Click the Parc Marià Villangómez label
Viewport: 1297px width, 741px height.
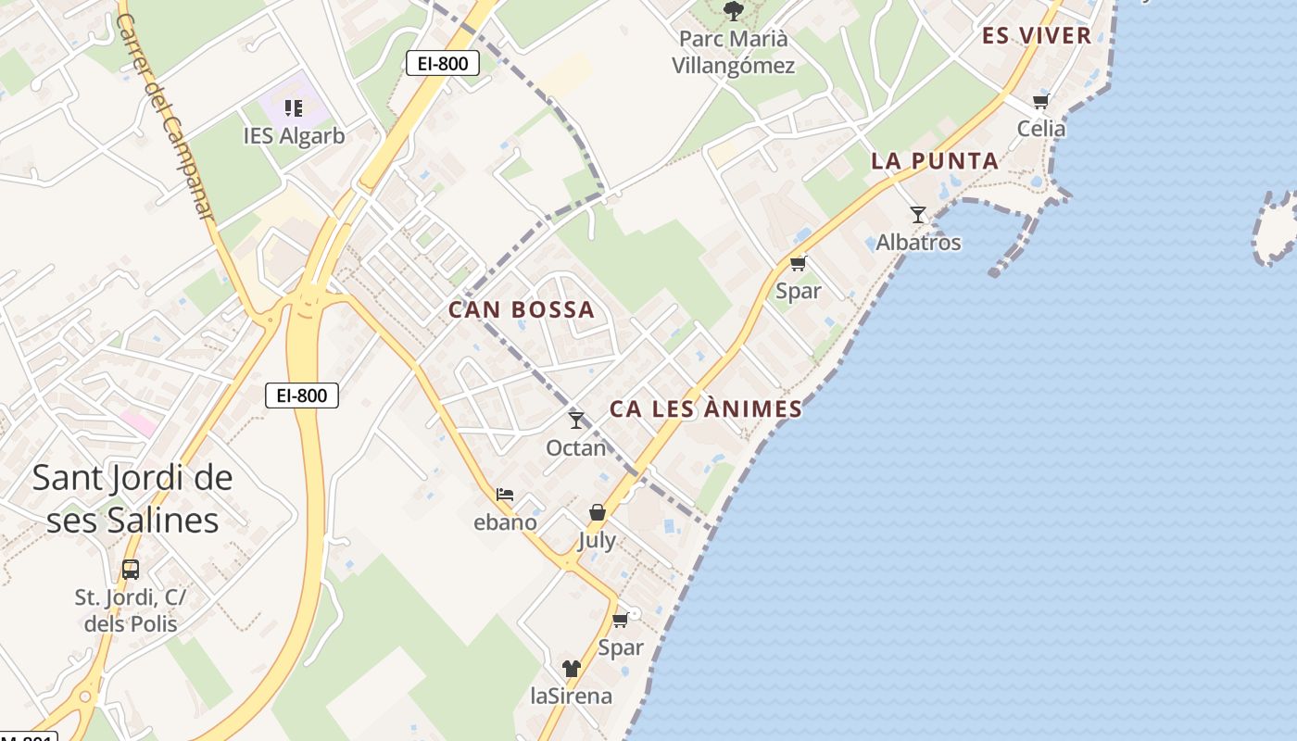[733, 52]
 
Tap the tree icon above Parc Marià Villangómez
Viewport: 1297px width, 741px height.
[733, 11]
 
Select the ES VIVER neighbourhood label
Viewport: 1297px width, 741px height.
[1037, 36]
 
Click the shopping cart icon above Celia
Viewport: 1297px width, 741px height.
[1040, 102]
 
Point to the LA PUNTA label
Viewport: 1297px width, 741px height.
[935, 161]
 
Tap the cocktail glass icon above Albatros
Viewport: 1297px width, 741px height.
[917, 215]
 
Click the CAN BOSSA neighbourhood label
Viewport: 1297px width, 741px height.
[522, 309]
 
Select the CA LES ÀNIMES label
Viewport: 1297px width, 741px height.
[706, 408]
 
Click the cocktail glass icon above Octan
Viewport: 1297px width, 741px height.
[576, 421]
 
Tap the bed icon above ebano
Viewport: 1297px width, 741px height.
[505, 495]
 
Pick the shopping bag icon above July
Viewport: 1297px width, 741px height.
[598, 512]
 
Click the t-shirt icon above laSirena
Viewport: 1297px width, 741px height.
[571, 669]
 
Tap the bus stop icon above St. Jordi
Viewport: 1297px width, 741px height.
[131, 569]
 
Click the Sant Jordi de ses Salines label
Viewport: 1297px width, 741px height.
[132, 499]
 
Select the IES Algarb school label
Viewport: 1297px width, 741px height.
[294, 136]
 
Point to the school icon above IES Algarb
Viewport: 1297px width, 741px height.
[294, 108]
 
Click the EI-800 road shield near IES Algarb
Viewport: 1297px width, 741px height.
[443, 63]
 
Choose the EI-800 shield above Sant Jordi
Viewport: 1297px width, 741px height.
[302, 396]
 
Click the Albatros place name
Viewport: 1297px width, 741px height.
[918, 243]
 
